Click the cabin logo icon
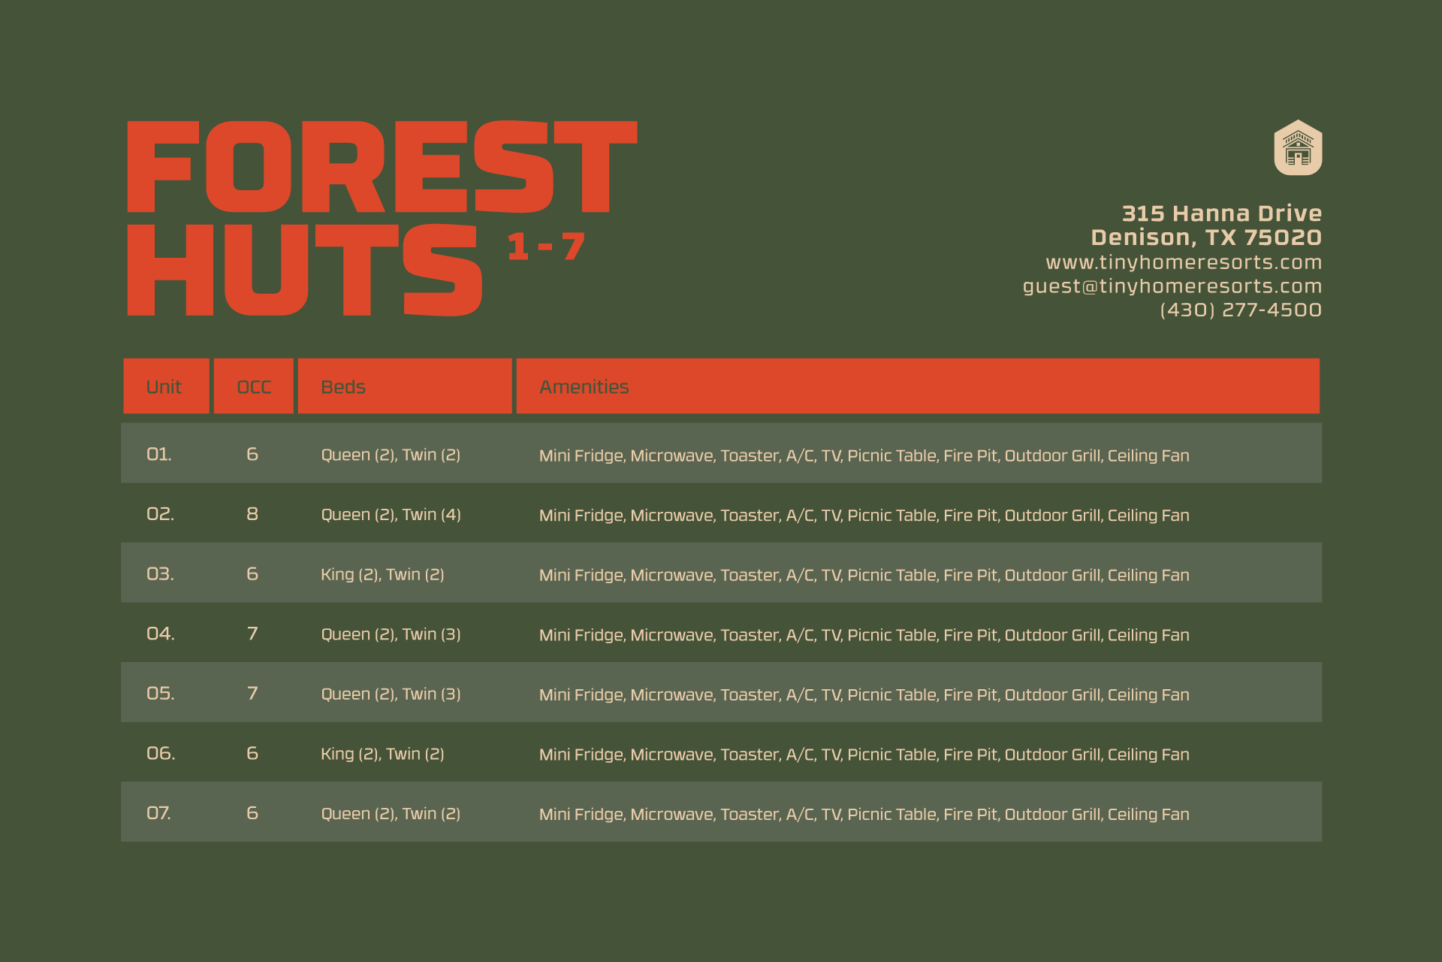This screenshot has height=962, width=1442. tap(1298, 147)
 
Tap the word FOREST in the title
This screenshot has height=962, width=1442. tap(382, 167)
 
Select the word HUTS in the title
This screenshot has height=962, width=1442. tap(304, 270)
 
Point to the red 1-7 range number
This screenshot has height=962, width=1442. tap(546, 247)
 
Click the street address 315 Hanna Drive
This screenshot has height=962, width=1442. tap(1222, 213)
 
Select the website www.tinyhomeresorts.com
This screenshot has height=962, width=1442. tap(1184, 262)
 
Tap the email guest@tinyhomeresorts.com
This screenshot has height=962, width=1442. tap(1172, 286)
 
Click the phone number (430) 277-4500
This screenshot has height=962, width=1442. tap(1241, 310)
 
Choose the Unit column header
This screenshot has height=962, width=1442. tap(164, 387)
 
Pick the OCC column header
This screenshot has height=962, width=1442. tap(254, 387)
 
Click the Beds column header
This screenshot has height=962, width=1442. tap(343, 387)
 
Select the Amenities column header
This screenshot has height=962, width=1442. tap(584, 387)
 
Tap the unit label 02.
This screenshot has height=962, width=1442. tap(160, 514)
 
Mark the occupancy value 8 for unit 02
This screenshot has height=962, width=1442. tap(252, 514)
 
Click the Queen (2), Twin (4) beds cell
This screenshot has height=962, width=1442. tap(391, 515)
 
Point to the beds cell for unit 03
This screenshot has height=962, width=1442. tap(382, 575)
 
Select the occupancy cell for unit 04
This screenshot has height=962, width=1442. tap(252, 634)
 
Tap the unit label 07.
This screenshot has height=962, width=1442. tap(158, 813)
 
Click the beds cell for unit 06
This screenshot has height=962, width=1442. tap(382, 754)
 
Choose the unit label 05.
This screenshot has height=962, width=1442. tap(160, 694)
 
